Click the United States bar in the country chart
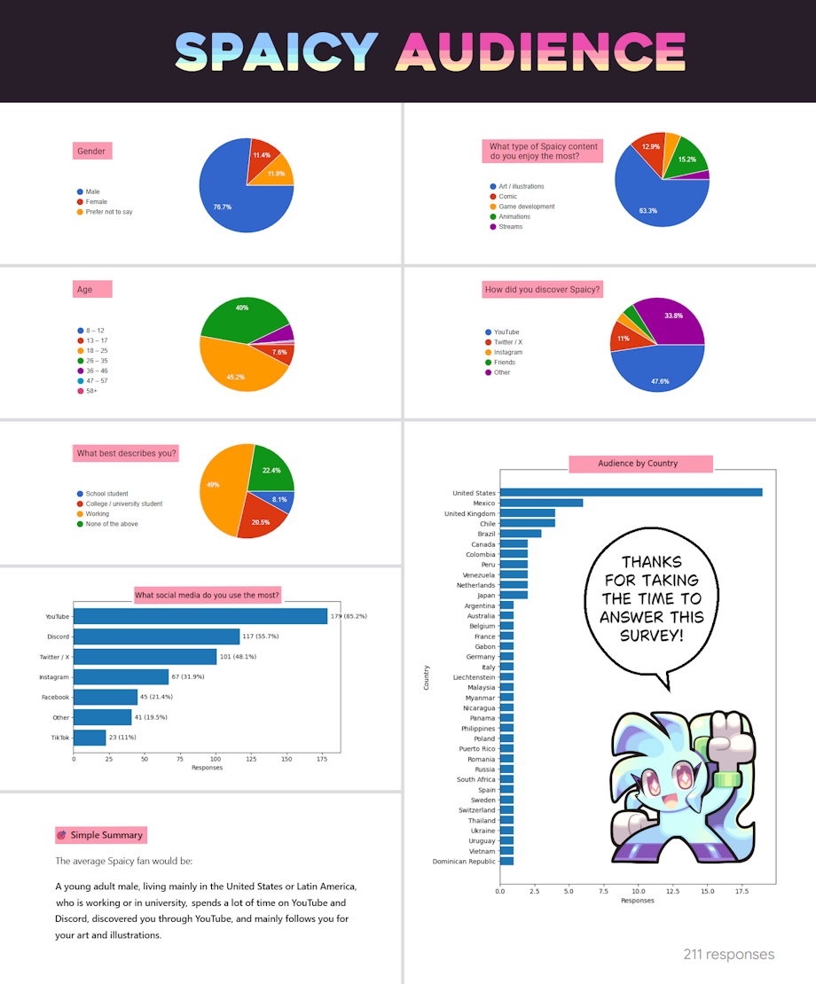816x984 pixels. coord(631,493)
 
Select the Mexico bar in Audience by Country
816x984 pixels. coord(541,503)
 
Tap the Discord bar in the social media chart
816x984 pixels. coord(156,636)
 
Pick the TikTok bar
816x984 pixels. coord(90,738)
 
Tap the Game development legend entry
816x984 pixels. coord(526,207)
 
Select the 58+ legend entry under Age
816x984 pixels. coord(90,391)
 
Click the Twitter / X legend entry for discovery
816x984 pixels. coord(507,342)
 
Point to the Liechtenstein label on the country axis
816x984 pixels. coord(474,677)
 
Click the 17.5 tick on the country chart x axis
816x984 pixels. coord(741,892)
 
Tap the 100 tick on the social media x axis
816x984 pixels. coord(216,760)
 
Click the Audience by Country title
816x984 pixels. coord(638,463)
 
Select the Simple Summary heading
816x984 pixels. coord(106,835)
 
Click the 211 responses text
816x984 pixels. coord(728,955)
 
